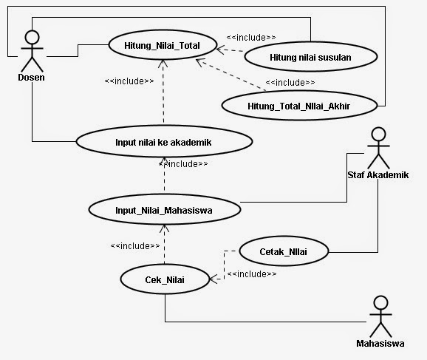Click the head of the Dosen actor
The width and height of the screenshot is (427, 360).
click(32, 37)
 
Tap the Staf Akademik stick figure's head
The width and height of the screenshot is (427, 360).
click(378, 135)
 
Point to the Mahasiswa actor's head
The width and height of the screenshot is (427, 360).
click(380, 303)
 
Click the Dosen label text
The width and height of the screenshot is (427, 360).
click(31, 78)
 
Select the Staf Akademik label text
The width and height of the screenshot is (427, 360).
click(378, 175)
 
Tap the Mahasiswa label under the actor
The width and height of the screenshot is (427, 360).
click(380, 344)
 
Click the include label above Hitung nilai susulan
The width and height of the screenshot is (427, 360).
click(251, 38)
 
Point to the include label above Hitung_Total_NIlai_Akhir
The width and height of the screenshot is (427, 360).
click(290, 82)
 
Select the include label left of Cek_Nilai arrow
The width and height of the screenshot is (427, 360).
click(135, 246)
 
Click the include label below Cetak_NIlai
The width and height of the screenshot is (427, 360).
click(252, 274)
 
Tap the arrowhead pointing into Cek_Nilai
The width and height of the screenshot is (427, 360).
click(213, 279)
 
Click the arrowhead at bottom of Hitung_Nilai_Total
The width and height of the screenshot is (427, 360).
click(163, 64)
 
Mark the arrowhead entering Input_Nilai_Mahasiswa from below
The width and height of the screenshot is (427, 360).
click(164, 228)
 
